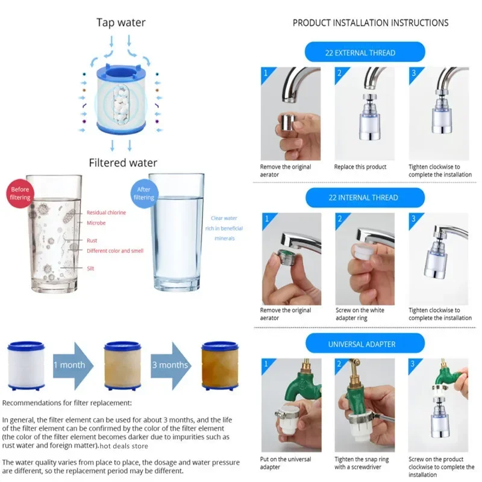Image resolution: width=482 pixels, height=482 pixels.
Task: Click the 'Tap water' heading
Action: click(121, 23)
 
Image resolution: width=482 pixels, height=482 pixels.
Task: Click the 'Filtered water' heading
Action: click(123, 163)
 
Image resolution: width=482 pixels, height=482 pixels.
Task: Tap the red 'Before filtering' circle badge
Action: click(20, 193)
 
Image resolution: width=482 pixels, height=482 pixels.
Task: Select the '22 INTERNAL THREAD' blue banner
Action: click(365, 198)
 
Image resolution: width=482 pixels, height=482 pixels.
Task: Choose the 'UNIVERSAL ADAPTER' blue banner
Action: click(364, 344)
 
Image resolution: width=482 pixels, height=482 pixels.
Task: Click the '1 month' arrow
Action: click(69, 365)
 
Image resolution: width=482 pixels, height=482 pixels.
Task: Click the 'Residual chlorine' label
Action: click(106, 213)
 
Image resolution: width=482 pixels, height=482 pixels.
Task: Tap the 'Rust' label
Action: click(92, 240)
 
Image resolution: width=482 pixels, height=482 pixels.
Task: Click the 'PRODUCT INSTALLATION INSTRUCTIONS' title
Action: click(371, 23)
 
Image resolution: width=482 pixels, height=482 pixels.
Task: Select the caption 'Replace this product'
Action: click(360, 167)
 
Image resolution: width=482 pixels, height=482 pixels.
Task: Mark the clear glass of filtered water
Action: click(176, 232)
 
